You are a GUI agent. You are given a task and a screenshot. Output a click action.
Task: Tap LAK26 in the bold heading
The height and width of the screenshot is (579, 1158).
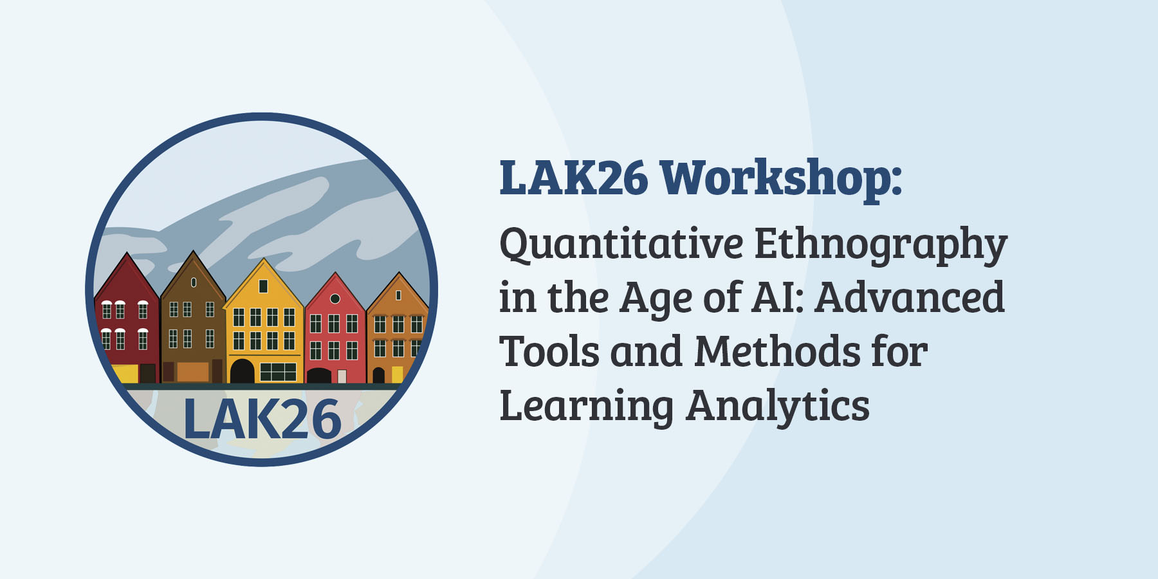coord(574,178)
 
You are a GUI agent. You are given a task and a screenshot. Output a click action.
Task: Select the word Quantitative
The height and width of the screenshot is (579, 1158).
coord(621,245)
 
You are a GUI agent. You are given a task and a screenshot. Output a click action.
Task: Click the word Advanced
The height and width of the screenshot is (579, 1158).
coord(910,297)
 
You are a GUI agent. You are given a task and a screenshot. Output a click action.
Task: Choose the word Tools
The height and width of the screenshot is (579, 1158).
coord(549,351)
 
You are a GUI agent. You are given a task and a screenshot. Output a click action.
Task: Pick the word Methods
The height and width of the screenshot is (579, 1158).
coord(777,351)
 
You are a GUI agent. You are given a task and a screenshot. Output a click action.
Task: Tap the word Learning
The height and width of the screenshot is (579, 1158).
coord(586,407)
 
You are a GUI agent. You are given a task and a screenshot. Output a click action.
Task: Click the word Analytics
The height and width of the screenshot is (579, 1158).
coord(778,407)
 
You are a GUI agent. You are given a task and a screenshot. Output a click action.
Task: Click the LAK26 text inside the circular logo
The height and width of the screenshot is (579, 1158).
coord(262,419)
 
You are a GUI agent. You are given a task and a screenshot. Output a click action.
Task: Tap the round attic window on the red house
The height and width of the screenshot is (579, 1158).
coord(335,299)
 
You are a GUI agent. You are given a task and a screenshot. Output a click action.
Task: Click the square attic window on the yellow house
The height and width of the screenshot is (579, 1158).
coord(263,286)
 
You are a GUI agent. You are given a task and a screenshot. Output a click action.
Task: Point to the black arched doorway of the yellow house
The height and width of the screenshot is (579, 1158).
coord(243,371)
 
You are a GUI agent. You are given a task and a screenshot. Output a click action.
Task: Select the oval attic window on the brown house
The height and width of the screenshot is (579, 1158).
coord(194,282)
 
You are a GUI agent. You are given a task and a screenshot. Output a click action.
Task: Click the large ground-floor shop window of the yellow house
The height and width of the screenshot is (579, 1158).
coord(278,372)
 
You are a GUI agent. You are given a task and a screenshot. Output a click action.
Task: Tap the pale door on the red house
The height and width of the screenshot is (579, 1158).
coord(342,376)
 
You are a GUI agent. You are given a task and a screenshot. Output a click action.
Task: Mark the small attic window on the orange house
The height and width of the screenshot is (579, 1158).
coord(398,295)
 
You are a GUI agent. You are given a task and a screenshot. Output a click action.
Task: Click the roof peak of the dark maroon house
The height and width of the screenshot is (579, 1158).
coord(127,253)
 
